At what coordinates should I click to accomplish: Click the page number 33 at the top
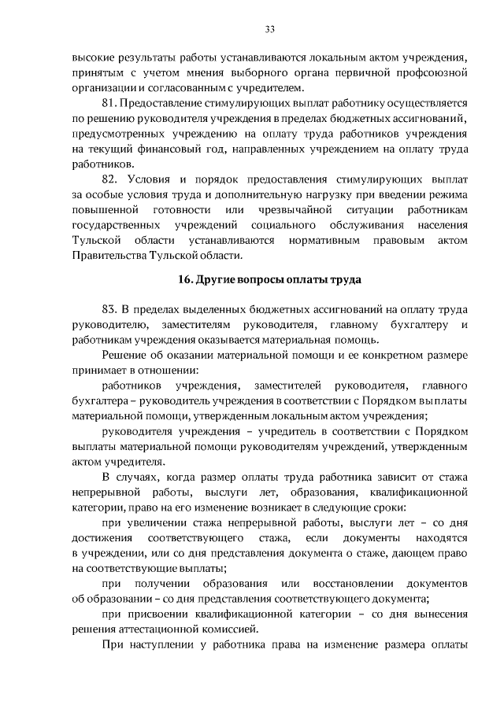(x=269, y=29)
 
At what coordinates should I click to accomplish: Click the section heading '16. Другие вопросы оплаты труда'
(x=269, y=280)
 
